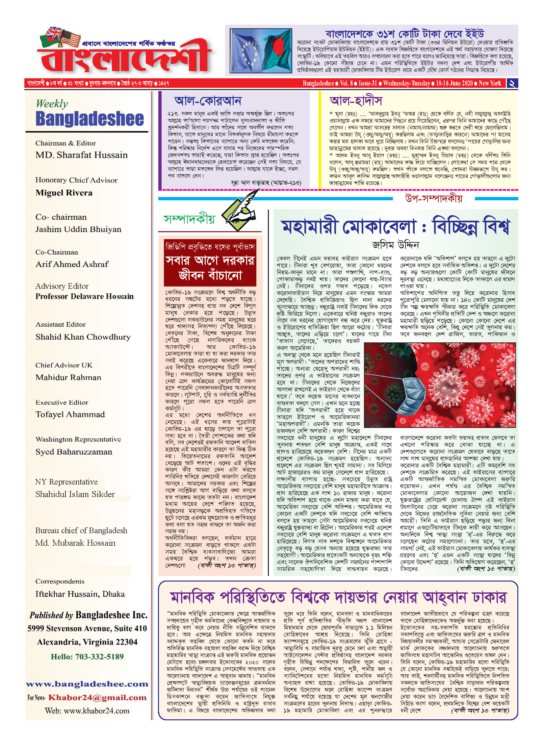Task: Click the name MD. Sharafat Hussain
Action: coord(81,155)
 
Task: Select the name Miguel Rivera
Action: coord(64,193)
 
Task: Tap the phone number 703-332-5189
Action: coord(99,657)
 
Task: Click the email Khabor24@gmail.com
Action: coord(97,698)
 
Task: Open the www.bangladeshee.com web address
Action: coord(87,684)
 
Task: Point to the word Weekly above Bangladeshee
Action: coord(52,104)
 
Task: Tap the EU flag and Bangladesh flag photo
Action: coord(261,51)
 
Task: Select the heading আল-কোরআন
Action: coord(208,101)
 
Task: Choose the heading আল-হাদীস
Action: coord(356,101)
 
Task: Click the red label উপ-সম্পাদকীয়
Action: coord(433,199)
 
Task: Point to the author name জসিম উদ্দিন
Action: coord(395,245)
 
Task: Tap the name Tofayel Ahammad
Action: coord(70,414)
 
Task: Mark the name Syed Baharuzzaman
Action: coord(74,452)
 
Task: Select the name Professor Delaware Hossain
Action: coord(85,296)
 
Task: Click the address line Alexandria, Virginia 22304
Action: coord(87,642)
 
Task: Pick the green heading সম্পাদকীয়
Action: coord(189,219)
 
